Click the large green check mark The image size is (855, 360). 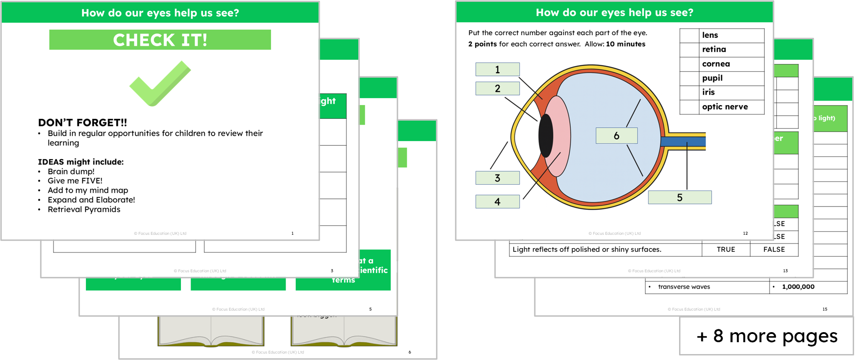160,84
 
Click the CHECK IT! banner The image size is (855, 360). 160,40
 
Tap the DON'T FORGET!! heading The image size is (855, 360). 82,122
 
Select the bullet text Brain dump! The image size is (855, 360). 71,171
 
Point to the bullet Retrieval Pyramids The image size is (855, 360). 84,209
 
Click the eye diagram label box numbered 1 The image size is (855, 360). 497,69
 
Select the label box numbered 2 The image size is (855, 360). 497,88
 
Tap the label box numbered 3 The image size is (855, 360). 497,178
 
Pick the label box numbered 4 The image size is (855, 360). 497,201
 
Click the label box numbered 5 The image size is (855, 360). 680,197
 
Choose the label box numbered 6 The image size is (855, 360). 616,136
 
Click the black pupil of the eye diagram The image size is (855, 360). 546,136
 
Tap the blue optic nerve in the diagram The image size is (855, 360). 683,142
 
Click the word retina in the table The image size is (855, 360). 714,49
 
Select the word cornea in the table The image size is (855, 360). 716,64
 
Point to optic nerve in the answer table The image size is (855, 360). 725,107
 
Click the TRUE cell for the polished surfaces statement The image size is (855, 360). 726,249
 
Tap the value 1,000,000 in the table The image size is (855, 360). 798,287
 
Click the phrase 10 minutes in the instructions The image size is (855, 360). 626,44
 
